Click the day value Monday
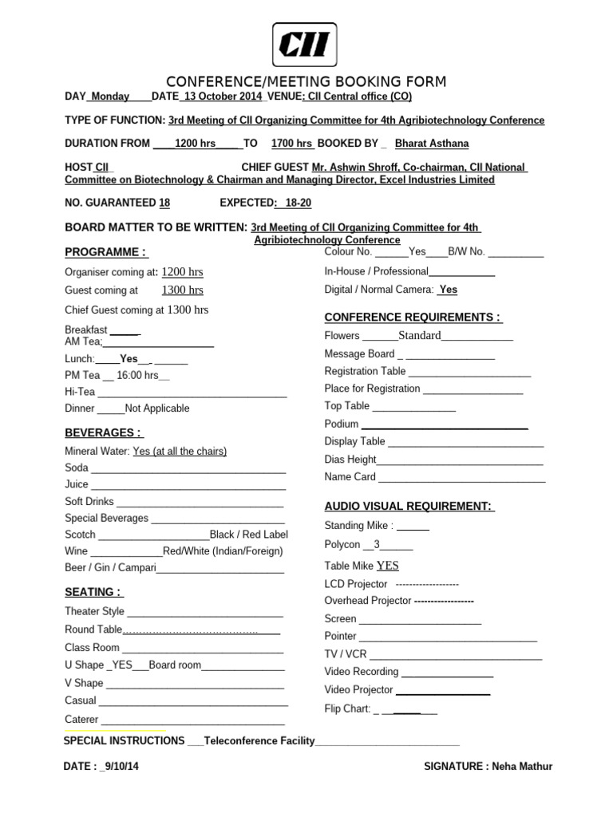110,97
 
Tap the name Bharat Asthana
432,144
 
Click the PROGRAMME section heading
105,252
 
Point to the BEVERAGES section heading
103,432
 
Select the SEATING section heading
93,592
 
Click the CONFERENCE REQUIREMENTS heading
413,318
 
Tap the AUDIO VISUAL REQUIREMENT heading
409,507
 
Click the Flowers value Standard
420,336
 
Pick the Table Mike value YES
387,566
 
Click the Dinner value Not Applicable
157,408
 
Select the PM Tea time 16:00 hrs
138,375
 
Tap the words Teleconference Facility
259,741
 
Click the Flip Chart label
347,708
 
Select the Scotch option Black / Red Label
249,535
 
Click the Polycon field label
342,545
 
